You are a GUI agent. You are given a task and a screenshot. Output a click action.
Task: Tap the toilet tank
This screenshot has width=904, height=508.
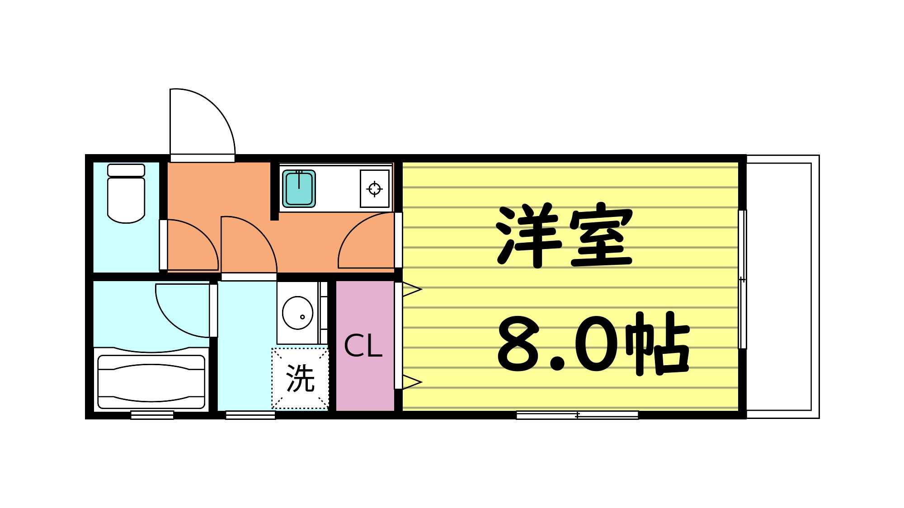[x=126, y=170]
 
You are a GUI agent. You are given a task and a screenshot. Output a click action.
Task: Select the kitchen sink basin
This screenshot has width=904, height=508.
[x=299, y=188]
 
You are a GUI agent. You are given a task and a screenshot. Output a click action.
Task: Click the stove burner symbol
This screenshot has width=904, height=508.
[x=375, y=188]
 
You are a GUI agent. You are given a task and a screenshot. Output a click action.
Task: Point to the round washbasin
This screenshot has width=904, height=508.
[x=297, y=313]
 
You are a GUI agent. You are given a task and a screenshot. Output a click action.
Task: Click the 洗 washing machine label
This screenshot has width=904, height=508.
[x=300, y=378]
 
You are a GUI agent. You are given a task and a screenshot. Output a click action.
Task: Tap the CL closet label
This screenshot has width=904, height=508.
[x=363, y=347]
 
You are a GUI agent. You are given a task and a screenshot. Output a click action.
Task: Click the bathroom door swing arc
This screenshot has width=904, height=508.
[x=181, y=312]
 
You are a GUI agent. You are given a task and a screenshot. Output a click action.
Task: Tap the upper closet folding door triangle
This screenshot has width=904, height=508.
[x=411, y=289]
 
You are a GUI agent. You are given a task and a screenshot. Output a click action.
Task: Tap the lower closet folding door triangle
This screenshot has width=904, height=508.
[x=411, y=382]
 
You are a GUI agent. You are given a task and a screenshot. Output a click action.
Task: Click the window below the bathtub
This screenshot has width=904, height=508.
[x=152, y=415]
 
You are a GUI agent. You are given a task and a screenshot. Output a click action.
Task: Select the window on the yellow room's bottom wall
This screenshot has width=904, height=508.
[x=577, y=415]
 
